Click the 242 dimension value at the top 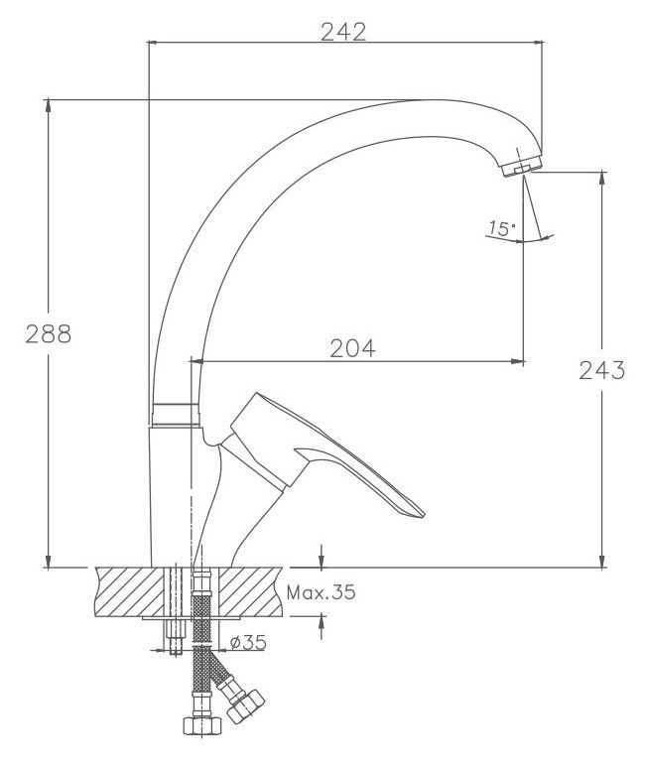pyautogui.click(x=343, y=33)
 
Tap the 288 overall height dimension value pyautogui.click(x=49, y=334)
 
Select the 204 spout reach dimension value pyautogui.click(x=352, y=348)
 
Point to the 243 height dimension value pyautogui.click(x=602, y=370)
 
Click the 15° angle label pyautogui.click(x=502, y=228)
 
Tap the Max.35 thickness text pyautogui.click(x=322, y=592)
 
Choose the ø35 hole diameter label pyautogui.click(x=249, y=642)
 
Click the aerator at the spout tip pyautogui.click(x=523, y=166)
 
